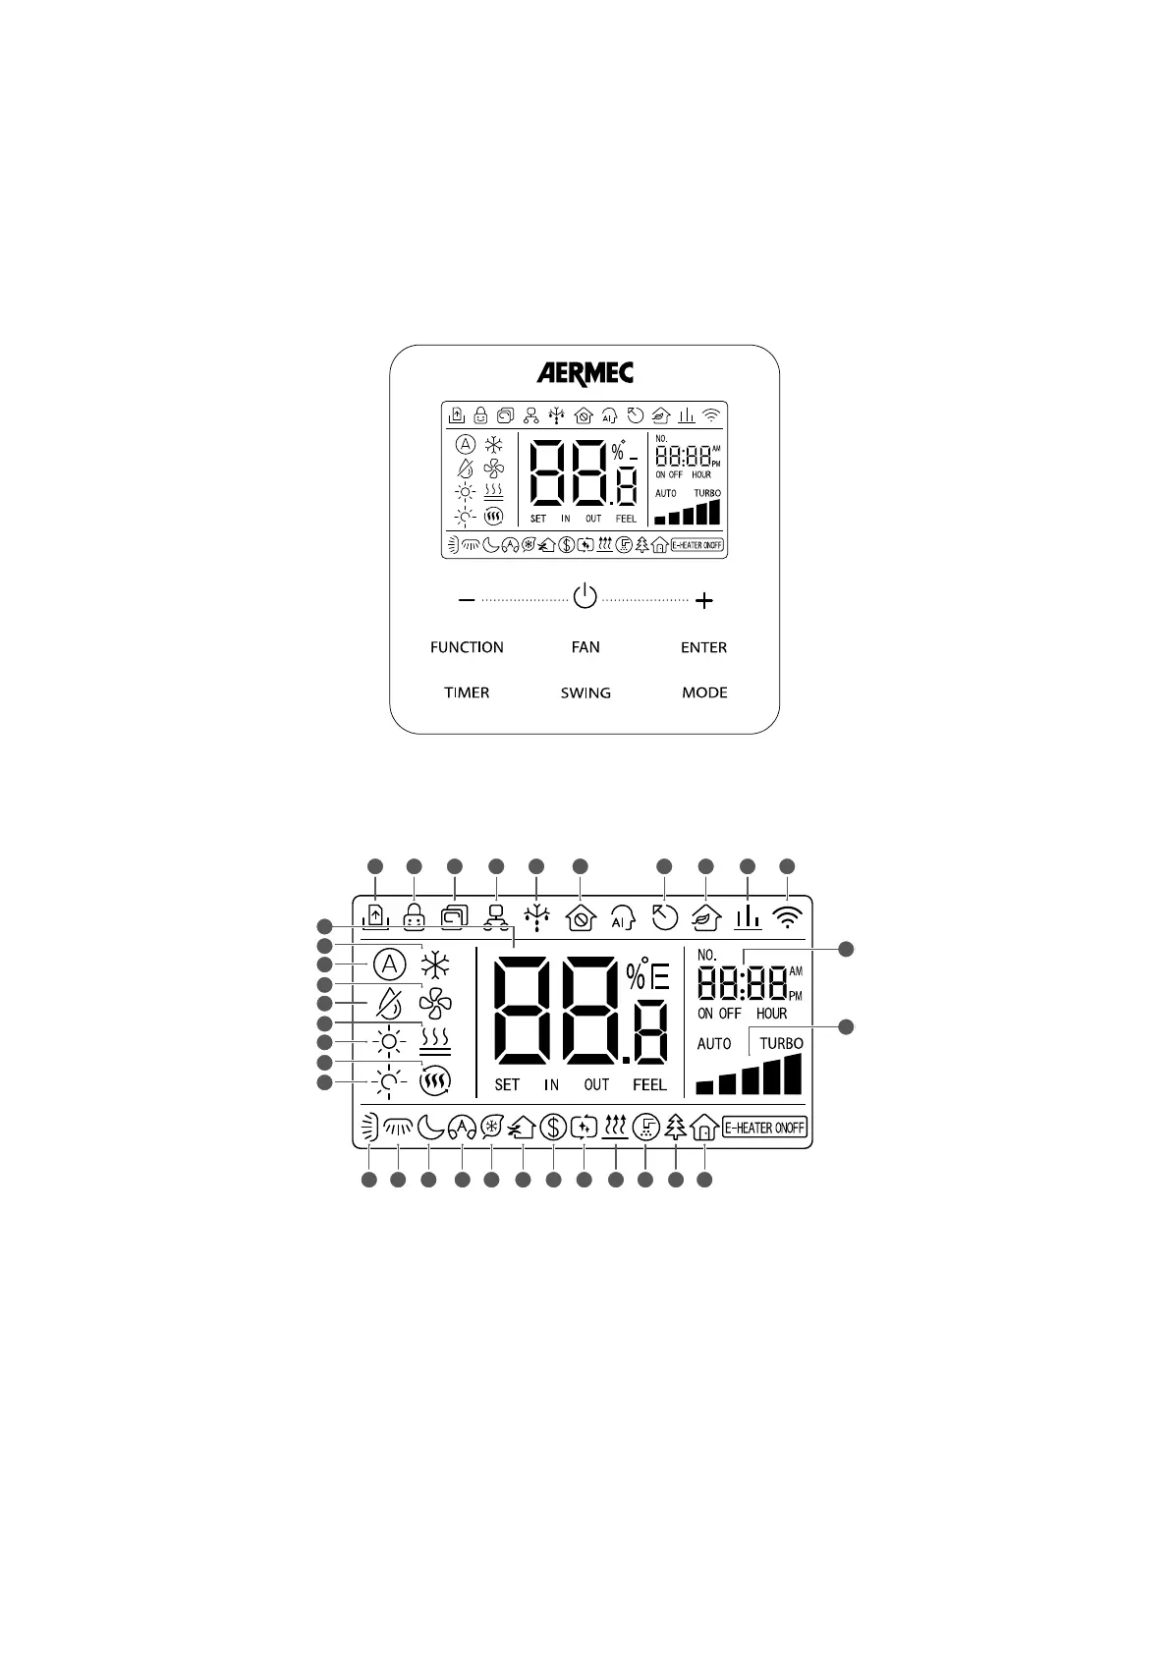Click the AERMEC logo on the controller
coord(585,373)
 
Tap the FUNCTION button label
coord(467,647)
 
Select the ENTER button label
coord(703,647)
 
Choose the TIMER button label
coord(467,692)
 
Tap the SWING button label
coord(585,692)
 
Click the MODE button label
coord(704,692)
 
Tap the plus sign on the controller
coord(703,600)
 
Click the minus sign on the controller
coord(467,599)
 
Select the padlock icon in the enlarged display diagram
coord(414,916)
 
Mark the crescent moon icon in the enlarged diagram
coord(429,1128)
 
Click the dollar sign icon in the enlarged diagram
coord(553,1128)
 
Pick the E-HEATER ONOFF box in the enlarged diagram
coord(765,1128)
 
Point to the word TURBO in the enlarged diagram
coord(781,1043)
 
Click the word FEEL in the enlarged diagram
coord(649,1085)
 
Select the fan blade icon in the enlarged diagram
coord(434,1003)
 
